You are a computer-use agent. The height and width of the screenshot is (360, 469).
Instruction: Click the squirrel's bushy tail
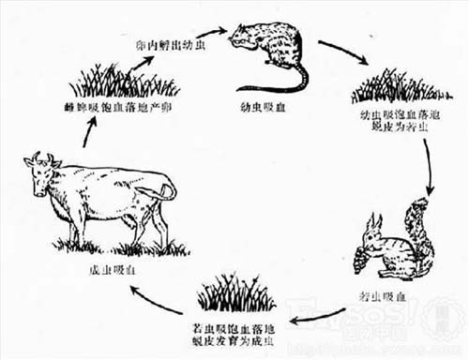coord(414,230)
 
